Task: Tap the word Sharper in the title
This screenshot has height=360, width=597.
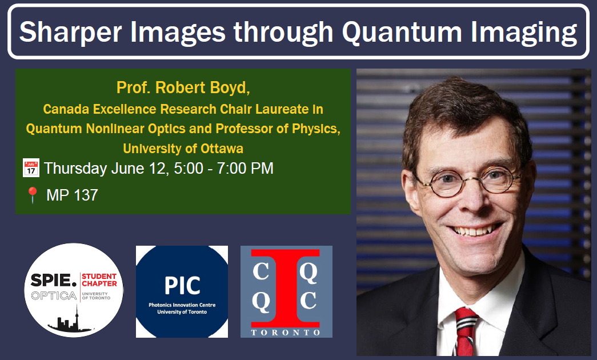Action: pos(71,33)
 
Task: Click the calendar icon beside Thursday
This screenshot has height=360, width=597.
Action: pos(31,168)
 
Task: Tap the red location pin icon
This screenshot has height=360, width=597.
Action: pos(33,195)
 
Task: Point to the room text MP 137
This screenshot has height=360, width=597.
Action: pos(72,195)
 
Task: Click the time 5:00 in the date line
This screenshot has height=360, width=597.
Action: pos(189,169)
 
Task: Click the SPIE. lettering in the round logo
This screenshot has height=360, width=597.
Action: pos(54,281)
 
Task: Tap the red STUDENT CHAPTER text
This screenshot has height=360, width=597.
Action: pos(99,280)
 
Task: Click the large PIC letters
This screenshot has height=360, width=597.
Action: pos(182,286)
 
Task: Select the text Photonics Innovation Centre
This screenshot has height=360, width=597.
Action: pos(182,305)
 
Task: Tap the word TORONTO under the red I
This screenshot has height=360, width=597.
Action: pos(286,333)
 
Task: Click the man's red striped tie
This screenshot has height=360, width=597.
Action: pos(465,331)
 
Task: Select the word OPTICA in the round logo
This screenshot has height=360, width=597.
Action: pos(54,295)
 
